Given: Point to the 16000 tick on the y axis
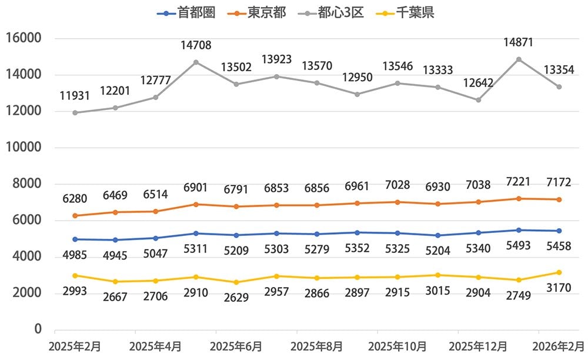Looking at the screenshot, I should [x=22, y=39].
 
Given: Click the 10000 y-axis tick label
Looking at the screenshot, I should [x=22, y=148].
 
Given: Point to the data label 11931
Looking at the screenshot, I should [x=75, y=95].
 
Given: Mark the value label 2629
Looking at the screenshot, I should [x=236, y=297].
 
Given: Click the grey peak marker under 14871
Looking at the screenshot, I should [x=519, y=59].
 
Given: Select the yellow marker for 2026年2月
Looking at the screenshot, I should [x=559, y=272].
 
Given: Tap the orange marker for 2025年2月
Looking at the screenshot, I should [x=75, y=216].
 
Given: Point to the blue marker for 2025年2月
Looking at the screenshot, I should [x=75, y=239].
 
